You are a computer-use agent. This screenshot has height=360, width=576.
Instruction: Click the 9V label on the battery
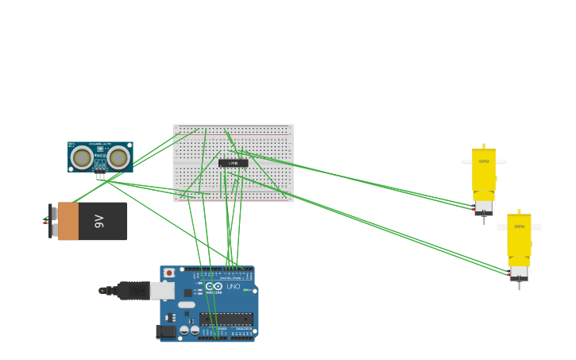point(99,221)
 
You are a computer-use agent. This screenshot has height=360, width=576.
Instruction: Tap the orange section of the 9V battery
point(68,221)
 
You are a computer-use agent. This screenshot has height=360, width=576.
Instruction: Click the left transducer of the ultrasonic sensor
point(82,157)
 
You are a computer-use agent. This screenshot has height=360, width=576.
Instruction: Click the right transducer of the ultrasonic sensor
point(118,157)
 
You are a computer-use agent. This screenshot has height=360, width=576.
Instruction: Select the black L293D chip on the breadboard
point(233,163)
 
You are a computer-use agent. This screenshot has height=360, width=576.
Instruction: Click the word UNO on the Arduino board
point(234,286)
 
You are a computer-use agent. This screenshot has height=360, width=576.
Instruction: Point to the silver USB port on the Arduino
point(162,291)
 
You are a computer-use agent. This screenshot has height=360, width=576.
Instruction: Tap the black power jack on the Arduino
point(166,331)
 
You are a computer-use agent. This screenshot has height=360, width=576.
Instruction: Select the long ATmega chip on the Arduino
point(226,319)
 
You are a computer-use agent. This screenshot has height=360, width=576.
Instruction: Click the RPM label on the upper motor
point(484,161)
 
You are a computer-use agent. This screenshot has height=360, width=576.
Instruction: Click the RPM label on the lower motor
point(519,226)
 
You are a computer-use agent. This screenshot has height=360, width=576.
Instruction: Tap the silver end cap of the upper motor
point(484,208)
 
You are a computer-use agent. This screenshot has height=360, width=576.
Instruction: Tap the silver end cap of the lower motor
point(520,273)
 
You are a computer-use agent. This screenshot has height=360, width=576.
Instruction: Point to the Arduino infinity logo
point(213,286)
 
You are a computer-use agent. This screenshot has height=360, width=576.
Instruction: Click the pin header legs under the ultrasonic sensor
point(100,176)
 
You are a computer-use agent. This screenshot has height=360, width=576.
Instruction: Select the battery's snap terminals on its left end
point(52,221)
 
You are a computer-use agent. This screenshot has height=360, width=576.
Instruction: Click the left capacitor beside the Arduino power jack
point(184,330)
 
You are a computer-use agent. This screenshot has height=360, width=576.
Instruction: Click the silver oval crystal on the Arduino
point(187,304)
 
